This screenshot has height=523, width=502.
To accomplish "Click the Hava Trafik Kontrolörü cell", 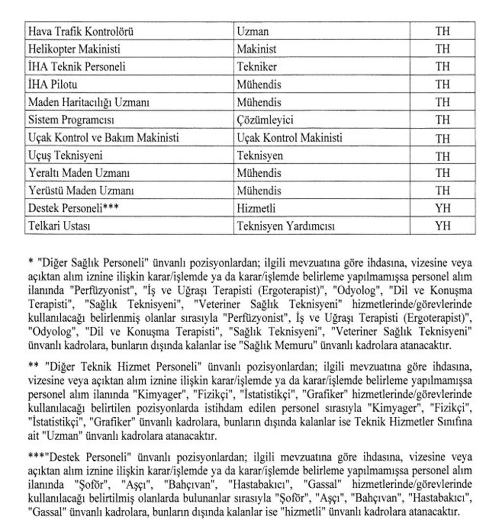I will coord(81,32).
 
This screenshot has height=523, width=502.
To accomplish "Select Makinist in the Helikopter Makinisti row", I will coord(256,49).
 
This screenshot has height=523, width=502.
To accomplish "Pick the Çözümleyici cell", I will coord(265,120).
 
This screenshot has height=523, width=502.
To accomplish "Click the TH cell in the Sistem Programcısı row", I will coord(442,120).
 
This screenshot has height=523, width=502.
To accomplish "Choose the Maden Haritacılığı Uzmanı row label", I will coord(88,102).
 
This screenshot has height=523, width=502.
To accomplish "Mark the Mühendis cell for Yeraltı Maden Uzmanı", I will coord(259,173).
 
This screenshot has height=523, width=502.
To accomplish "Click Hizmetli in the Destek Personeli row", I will coord(256,208).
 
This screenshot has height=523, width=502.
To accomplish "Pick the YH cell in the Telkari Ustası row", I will coord(442,226).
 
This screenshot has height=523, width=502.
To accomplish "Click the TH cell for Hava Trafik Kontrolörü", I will coord(442,32).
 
